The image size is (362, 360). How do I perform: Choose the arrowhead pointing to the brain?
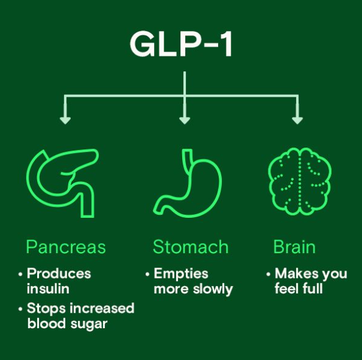tap(297, 119)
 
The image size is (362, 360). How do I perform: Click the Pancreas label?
tap(66, 247)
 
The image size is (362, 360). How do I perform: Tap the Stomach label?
tap(191, 247)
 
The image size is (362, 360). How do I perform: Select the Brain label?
tap(294, 247)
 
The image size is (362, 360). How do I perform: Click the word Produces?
tap(59, 274)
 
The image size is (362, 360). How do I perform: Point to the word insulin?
tap(48, 289)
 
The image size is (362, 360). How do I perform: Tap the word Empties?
tap(181, 274)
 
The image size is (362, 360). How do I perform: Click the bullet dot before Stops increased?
tap(20, 309)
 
